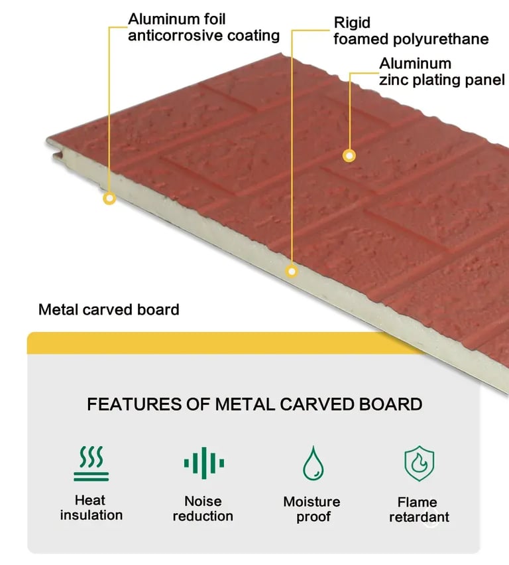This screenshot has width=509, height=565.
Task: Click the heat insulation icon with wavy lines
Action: point(91,463)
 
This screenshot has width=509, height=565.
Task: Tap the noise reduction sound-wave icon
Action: point(203,463)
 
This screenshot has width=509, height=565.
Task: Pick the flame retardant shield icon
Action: point(419,463)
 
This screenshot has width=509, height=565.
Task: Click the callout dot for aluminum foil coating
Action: point(110,198)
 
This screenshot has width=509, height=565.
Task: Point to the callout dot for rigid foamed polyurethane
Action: point(292,270)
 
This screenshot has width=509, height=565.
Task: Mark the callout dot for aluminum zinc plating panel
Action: point(349,155)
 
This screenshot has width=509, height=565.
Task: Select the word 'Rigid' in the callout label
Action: point(352,23)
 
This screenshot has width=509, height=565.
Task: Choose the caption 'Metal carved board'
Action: point(109,309)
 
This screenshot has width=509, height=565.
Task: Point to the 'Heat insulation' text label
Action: point(91,508)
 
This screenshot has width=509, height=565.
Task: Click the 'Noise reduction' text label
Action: point(203,509)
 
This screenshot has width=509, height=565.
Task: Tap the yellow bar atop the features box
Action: point(225,343)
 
